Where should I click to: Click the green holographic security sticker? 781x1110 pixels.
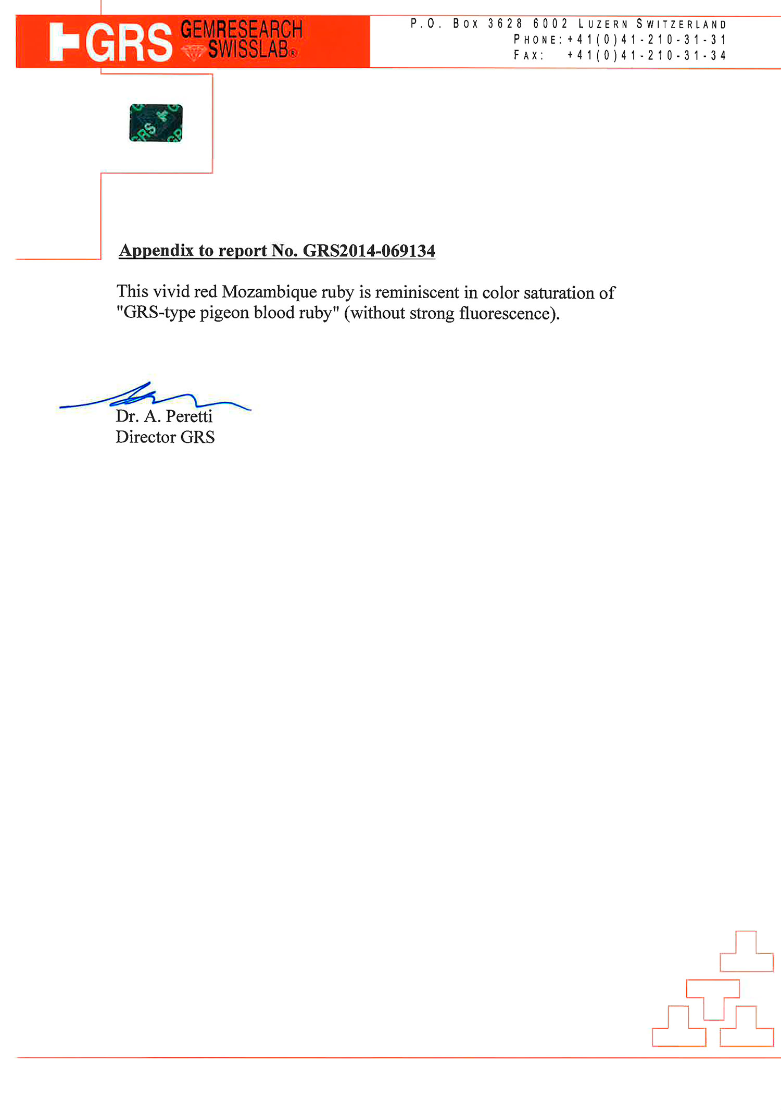tap(156, 123)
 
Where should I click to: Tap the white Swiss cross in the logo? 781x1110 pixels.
tap(64, 42)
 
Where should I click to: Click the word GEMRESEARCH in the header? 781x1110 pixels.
tap(241, 29)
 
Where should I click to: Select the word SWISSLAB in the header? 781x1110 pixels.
tap(248, 50)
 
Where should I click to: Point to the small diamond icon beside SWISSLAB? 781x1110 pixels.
tap(193, 52)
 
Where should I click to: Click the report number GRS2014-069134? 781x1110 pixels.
tap(369, 251)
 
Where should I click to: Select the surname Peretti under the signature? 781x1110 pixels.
tap(189, 416)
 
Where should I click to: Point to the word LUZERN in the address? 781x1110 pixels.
tap(603, 24)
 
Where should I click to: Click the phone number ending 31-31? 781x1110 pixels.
tap(646, 40)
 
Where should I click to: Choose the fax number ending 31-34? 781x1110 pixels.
tap(646, 55)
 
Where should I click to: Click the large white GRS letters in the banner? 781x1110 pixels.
tap(129, 43)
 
